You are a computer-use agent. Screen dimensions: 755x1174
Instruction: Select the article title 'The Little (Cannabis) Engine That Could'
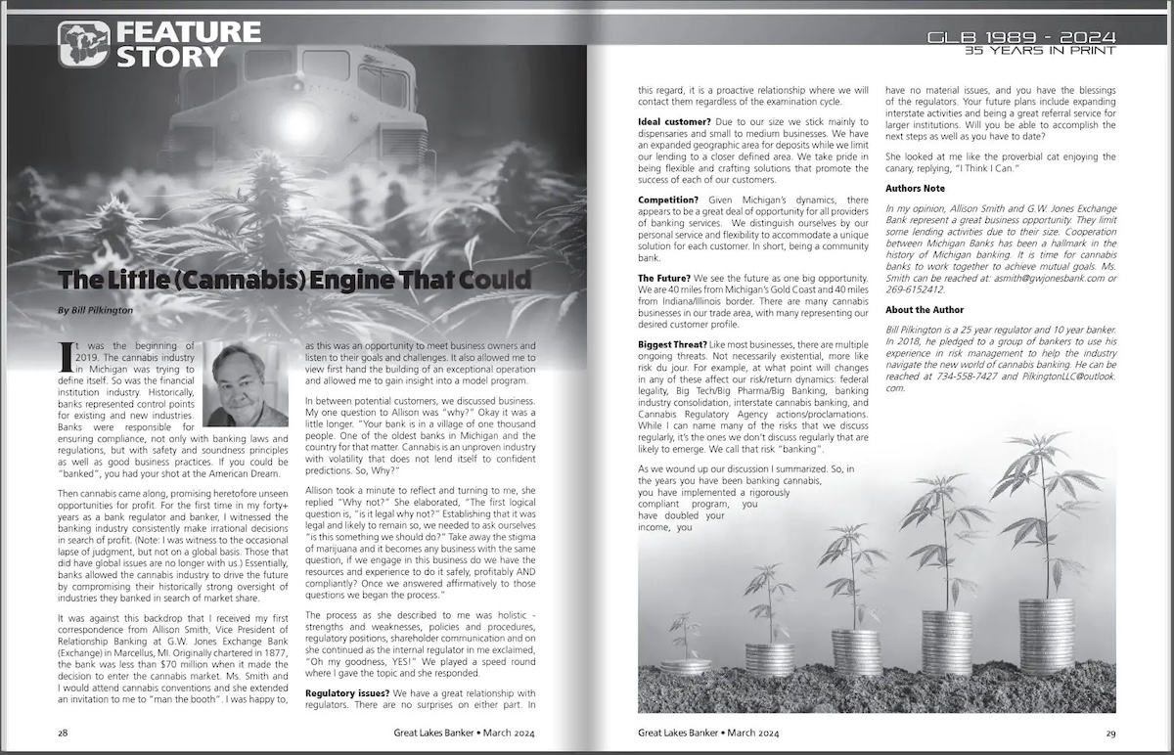tap(294, 280)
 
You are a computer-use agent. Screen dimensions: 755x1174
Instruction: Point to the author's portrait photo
tap(247, 385)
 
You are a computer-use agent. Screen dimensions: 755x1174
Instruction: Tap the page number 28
tap(63, 732)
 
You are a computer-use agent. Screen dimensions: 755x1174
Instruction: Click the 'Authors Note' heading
tap(915, 188)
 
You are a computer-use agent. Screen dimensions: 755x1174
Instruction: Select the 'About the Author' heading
tap(925, 310)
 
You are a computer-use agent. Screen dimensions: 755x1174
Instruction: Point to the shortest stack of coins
tap(685, 666)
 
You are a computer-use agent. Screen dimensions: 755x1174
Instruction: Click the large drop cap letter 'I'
tap(67, 352)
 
